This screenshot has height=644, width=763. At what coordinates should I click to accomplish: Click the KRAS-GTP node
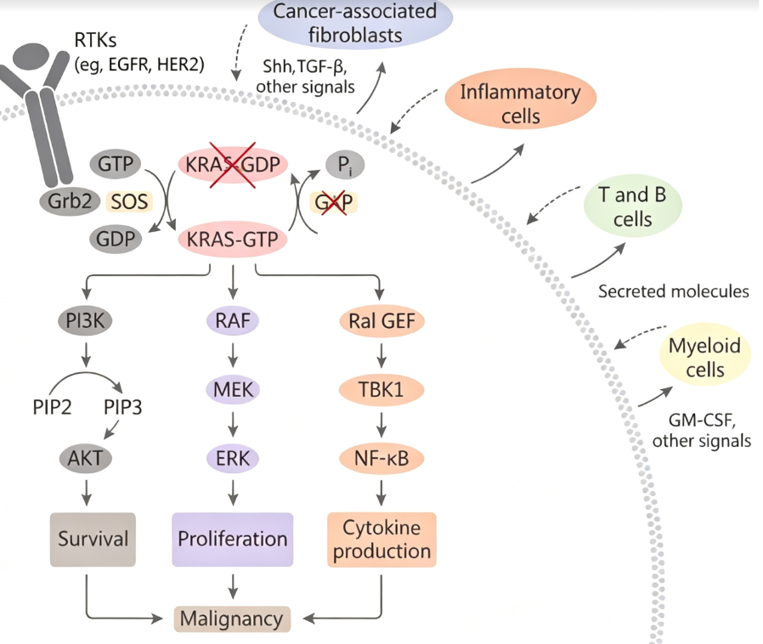(x=232, y=240)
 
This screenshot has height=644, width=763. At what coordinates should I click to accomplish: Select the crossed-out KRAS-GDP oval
(x=233, y=165)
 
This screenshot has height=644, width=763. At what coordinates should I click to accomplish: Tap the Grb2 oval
(x=70, y=201)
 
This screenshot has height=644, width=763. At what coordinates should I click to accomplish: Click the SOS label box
(x=129, y=201)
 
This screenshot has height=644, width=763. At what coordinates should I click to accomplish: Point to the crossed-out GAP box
(x=333, y=202)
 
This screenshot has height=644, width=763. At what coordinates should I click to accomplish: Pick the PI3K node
(x=85, y=320)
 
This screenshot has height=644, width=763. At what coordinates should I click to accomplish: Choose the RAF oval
(x=233, y=320)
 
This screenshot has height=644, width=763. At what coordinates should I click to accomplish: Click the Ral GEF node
(x=382, y=321)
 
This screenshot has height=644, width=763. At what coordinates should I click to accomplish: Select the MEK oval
(x=233, y=390)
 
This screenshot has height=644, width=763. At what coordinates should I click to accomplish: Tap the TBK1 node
(x=381, y=390)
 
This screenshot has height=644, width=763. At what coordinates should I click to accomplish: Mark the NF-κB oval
(x=381, y=458)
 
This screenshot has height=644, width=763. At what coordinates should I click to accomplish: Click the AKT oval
(x=86, y=458)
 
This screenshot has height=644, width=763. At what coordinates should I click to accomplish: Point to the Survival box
(x=93, y=539)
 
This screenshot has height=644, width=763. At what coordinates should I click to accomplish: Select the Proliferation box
(x=233, y=539)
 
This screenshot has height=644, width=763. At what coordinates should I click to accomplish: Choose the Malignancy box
(x=232, y=619)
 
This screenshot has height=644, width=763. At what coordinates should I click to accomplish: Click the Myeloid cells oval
(x=705, y=357)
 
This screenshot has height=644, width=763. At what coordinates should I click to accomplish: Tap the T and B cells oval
(x=633, y=206)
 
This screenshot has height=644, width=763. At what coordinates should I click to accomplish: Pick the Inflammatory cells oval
(x=521, y=103)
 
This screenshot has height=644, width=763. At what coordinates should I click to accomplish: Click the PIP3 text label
(x=122, y=407)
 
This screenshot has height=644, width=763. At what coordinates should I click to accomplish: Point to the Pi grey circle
(x=344, y=165)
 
